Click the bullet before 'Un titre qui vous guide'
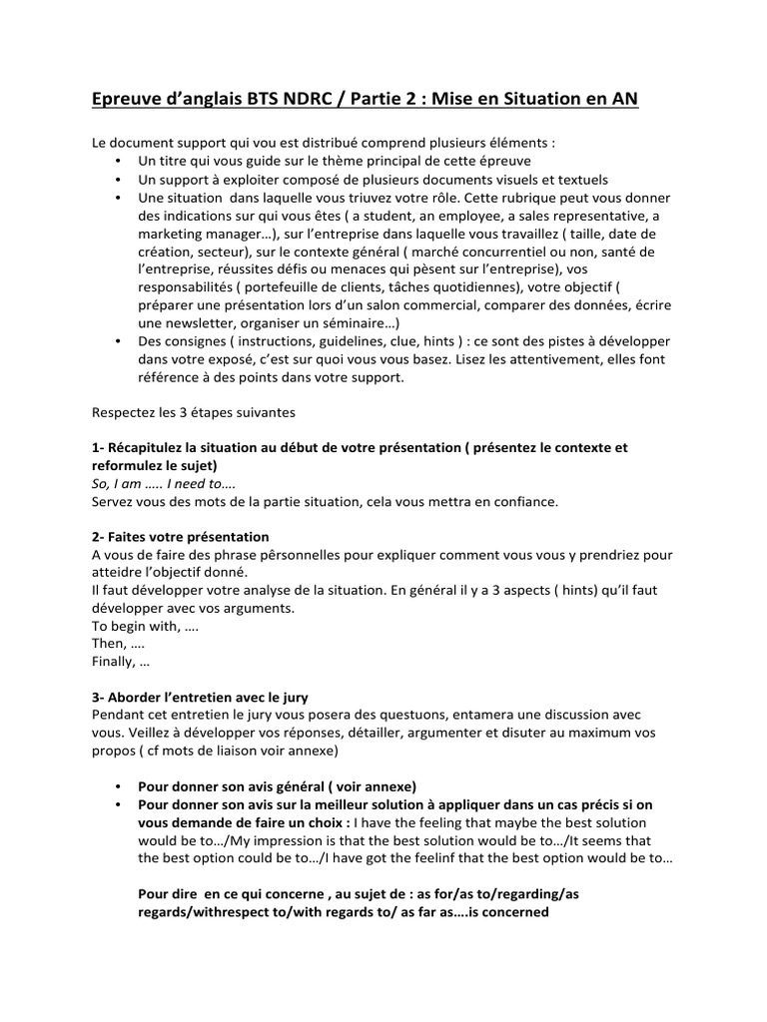[x=118, y=162]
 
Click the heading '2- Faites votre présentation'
[x=181, y=537]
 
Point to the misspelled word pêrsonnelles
[x=285, y=555]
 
